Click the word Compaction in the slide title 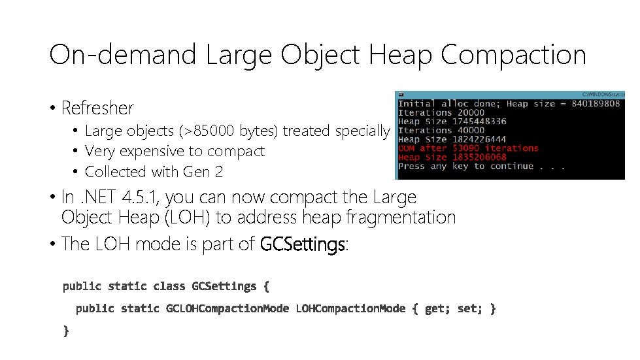coord(513,55)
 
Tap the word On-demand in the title coord(122,55)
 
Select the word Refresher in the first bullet coord(97,108)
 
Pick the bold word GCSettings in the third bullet coord(302,244)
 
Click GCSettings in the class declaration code coord(224,286)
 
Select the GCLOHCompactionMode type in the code coord(227,308)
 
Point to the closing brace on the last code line coord(66,331)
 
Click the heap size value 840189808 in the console coord(596,104)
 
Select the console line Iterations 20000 coord(433,112)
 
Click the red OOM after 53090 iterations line coord(468,148)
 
